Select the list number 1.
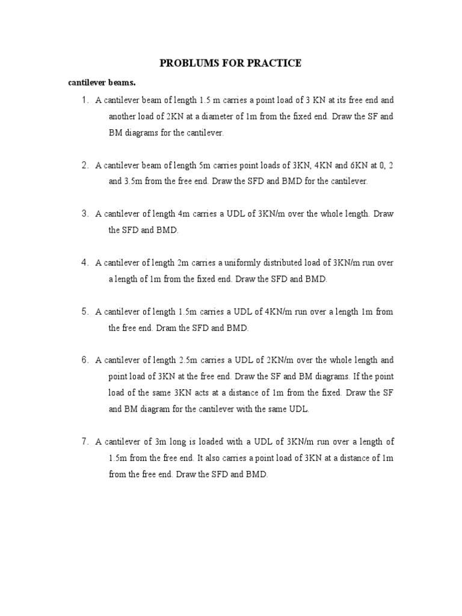[85, 100]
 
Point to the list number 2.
[85, 165]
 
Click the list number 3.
[85, 214]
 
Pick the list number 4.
[85, 263]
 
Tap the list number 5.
[85, 312]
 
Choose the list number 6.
[85, 360]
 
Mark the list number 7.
[85, 442]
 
